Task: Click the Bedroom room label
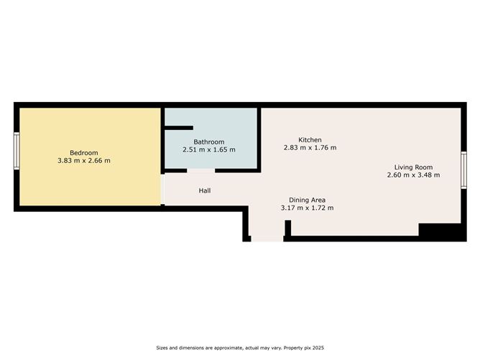click(x=83, y=152)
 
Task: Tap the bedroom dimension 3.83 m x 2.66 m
click(x=83, y=160)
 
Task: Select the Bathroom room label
click(x=209, y=142)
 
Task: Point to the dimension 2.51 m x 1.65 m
click(x=209, y=150)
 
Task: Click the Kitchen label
click(x=310, y=139)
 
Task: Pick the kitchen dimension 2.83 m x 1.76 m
click(x=310, y=148)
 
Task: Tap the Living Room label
click(x=412, y=166)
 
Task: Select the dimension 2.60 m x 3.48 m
click(x=412, y=175)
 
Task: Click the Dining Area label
click(x=310, y=199)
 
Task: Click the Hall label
click(x=205, y=190)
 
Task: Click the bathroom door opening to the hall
click(x=201, y=171)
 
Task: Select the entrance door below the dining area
click(x=267, y=239)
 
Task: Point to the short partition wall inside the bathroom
click(x=173, y=128)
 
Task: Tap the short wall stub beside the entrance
click(x=287, y=229)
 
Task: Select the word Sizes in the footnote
click(x=164, y=348)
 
